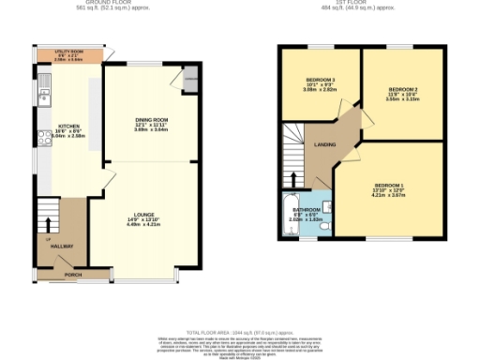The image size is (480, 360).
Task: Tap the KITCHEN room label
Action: coord(69,126)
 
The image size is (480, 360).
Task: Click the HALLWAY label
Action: coord(63,247)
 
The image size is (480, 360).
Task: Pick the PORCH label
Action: coord(72,275)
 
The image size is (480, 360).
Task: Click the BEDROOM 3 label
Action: coord(321,80)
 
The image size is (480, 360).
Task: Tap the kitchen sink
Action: coord(42,95)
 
